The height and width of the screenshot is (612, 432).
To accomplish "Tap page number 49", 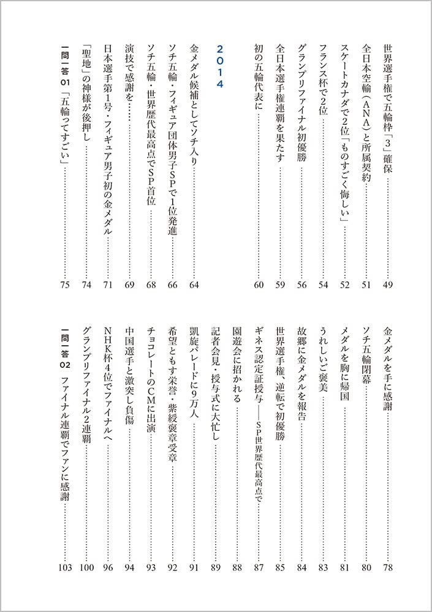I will [x=387, y=284].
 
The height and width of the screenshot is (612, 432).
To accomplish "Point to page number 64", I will [x=194, y=284].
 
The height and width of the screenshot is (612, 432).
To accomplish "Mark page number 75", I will [x=65, y=284].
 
